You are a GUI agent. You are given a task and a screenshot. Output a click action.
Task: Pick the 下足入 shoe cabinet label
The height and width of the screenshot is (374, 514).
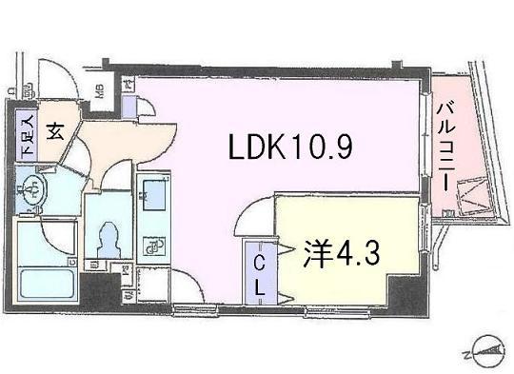27,135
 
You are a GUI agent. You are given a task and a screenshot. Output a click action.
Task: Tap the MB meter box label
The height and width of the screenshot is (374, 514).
99,92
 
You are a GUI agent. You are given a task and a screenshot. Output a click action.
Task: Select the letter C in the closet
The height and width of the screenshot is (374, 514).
259,255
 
